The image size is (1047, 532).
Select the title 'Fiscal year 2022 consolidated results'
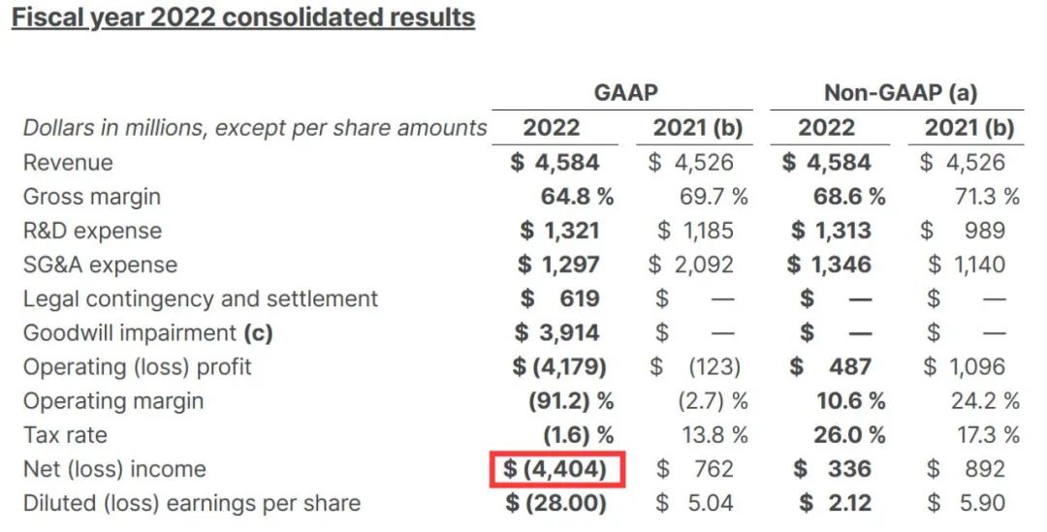pyautogui.click(x=242, y=17)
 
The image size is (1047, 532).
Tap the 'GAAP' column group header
pyautogui.click(x=625, y=93)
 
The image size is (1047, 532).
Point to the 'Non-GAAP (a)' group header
pyautogui.click(x=900, y=93)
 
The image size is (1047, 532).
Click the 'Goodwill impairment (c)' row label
pyautogui.click(x=147, y=333)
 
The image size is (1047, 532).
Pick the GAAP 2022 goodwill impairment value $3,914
pyautogui.click(x=556, y=333)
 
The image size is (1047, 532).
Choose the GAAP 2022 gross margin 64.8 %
pyautogui.click(x=576, y=197)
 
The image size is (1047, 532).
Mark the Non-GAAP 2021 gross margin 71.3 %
pyautogui.click(x=984, y=197)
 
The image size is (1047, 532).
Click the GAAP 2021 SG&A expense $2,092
pyautogui.click(x=691, y=265)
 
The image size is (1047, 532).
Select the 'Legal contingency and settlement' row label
pyautogui.click(x=201, y=298)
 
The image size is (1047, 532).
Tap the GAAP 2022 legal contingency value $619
pyautogui.click(x=559, y=298)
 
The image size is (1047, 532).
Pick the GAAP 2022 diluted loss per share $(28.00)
pyautogui.click(x=556, y=504)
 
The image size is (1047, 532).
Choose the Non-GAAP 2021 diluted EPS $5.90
pyautogui.click(x=966, y=504)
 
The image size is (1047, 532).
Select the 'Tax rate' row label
pyautogui.click(x=65, y=435)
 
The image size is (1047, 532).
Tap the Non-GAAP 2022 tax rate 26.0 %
pyautogui.click(x=848, y=435)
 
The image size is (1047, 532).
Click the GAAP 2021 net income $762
pyautogui.click(x=694, y=470)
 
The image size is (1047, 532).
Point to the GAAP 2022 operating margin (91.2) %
pyautogui.click(x=570, y=401)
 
